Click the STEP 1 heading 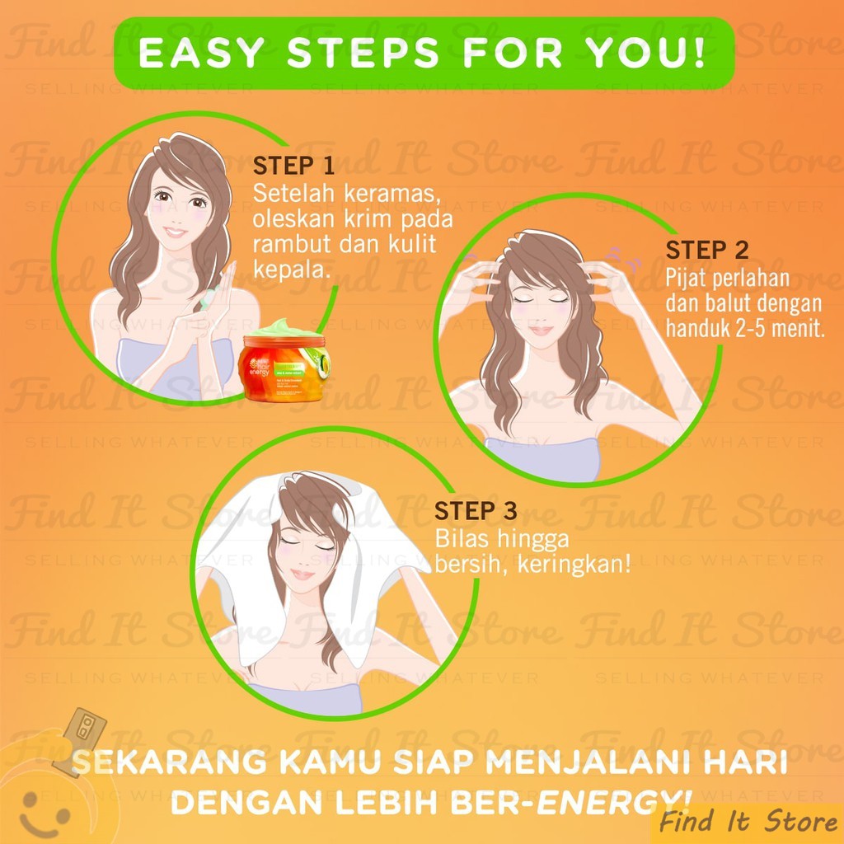[x=294, y=166]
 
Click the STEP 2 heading [x=707, y=251]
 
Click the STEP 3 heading [x=476, y=511]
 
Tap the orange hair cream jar [x=284, y=367]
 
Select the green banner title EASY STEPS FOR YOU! [x=422, y=52]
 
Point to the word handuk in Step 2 [x=700, y=331]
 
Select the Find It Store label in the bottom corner [x=748, y=822]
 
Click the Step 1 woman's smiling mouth [x=174, y=232]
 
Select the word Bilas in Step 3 [x=460, y=541]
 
